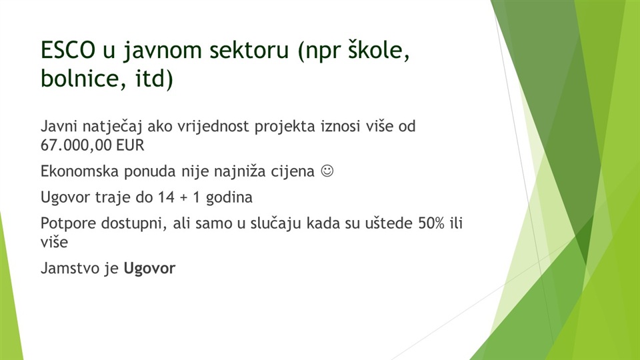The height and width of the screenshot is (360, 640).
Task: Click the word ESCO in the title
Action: tap(68, 50)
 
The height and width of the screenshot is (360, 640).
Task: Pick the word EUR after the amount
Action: tap(130, 145)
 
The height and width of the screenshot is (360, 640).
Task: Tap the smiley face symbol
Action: tap(327, 171)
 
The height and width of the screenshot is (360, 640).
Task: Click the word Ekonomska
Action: tap(80, 171)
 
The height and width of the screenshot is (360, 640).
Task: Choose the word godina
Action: tap(229, 198)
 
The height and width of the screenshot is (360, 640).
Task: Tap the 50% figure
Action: tap(431, 223)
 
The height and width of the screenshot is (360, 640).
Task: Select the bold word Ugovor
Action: tap(149, 269)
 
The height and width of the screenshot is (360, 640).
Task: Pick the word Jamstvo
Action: tap(70, 269)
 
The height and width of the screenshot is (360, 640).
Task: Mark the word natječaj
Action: tap(112, 127)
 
